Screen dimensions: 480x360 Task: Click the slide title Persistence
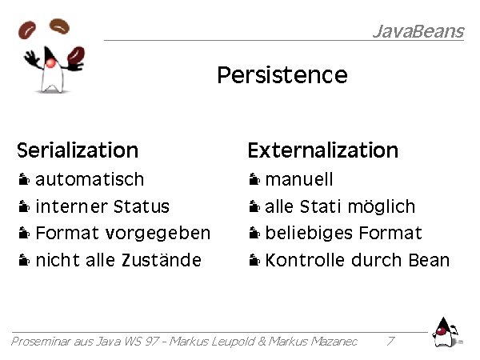[282, 74]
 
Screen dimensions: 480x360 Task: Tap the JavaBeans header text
[418, 31]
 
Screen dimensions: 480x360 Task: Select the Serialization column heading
[78, 150]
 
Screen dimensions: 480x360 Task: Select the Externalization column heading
[323, 150]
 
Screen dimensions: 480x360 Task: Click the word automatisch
[90, 179]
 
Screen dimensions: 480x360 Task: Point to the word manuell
[299, 179]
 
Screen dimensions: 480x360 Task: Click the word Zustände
[162, 260]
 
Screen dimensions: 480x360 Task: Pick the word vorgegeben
[158, 234]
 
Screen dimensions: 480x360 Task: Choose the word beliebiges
[309, 234]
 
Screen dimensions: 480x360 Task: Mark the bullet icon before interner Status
[24, 206]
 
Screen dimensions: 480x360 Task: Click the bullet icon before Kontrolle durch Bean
[254, 260]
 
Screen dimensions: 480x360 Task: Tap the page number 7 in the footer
[390, 341]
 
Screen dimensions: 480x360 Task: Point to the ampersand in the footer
[262, 341]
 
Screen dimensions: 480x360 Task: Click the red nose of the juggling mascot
[50, 63]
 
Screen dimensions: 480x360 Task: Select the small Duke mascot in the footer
[446, 333]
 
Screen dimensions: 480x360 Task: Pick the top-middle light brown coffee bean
[60, 26]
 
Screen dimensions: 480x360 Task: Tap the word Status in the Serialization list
[141, 206]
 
